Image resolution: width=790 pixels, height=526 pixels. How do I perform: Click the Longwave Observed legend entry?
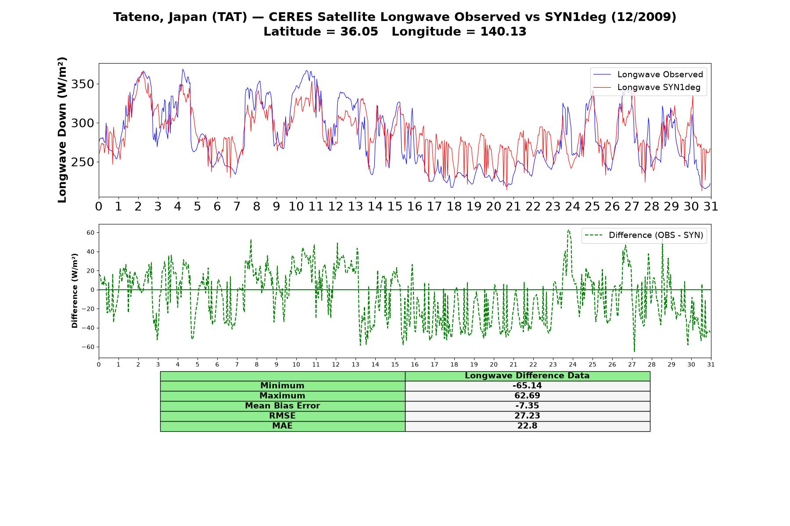648,75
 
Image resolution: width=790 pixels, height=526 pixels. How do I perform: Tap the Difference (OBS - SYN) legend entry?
644,235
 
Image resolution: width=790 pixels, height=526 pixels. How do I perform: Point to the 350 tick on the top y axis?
83,84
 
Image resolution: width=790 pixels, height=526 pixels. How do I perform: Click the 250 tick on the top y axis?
83,162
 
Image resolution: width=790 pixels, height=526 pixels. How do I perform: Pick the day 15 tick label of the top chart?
395,206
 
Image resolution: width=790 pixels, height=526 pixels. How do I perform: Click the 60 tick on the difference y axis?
90,233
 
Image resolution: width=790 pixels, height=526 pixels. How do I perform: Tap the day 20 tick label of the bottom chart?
494,364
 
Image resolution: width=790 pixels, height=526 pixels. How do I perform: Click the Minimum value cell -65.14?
527,386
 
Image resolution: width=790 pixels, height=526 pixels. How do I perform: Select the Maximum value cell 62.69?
527,396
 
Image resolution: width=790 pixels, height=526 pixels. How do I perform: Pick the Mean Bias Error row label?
282,406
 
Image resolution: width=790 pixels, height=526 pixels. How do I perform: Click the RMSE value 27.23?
527,416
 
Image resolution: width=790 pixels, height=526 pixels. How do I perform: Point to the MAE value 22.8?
527,426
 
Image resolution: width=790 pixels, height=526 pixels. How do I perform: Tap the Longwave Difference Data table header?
527,376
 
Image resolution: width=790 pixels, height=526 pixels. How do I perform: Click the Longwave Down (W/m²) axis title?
62,130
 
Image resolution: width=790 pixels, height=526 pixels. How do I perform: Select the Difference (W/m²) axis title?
75,291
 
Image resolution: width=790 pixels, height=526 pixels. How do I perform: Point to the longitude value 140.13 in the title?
503,32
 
